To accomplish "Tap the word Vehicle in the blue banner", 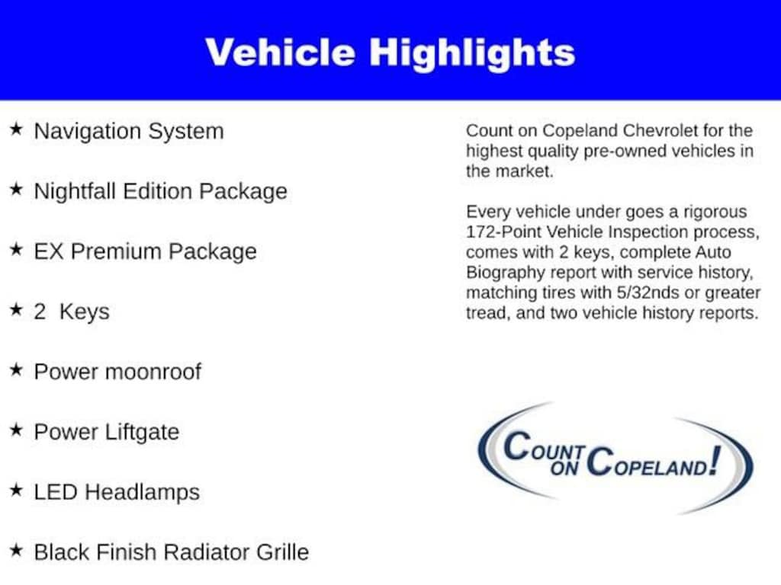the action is tap(281, 52).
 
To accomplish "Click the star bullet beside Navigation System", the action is tap(17, 129).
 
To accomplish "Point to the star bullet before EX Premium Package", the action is tap(17, 249).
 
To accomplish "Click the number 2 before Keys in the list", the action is tap(40, 312).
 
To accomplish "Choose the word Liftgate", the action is tap(142, 433).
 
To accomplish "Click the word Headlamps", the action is tap(142, 493).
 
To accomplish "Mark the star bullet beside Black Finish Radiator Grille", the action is tap(17, 550).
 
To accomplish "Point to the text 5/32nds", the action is tap(648, 292).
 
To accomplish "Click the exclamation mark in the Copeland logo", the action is tap(715, 460).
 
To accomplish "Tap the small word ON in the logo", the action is tap(564, 468).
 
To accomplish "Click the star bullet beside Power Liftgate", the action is tap(17, 430).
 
